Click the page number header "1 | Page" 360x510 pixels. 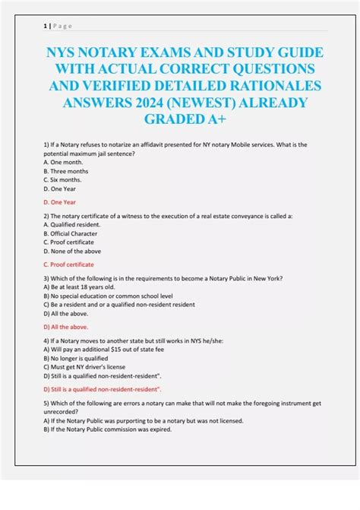coord(58,25)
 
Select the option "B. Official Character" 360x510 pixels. coord(75,233)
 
